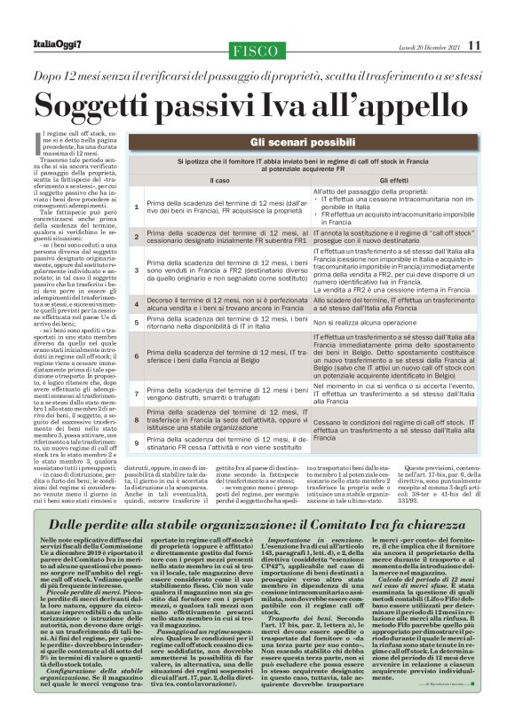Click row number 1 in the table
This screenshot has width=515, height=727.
point(136,207)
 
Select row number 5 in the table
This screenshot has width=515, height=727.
point(136,324)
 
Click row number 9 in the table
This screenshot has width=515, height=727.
point(136,441)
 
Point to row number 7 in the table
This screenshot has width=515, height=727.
point(136,391)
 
